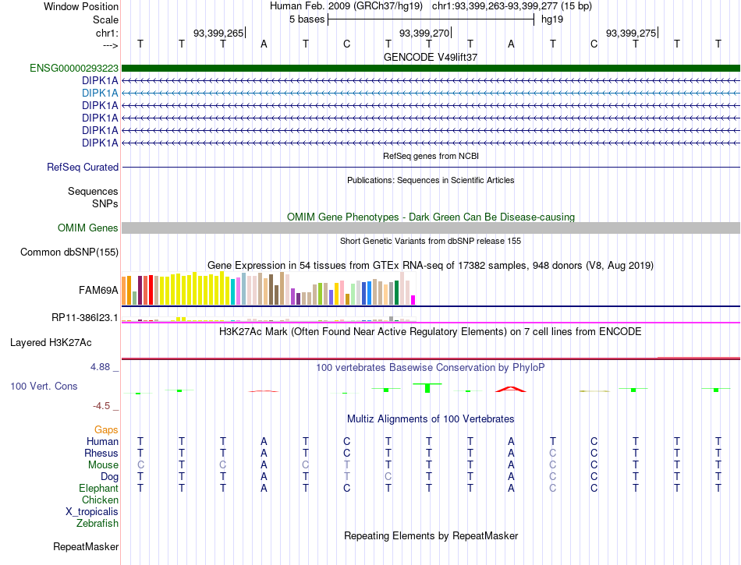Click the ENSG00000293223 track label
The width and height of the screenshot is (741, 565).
[74, 69]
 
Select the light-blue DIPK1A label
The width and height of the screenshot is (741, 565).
[100, 93]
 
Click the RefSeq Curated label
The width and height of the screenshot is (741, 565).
[83, 167]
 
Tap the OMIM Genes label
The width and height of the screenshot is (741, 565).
[88, 228]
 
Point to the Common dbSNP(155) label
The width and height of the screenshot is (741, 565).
[69, 252]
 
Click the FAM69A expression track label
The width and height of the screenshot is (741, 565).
[98, 290]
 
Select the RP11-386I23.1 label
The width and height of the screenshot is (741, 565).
[85, 318]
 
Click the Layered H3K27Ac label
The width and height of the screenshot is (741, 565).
[51, 343]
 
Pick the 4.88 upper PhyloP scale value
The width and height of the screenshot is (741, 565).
[100, 367]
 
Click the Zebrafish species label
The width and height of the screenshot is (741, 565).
[97, 524]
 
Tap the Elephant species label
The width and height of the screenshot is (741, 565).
[99, 488]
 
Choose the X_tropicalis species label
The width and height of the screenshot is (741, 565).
[92, 512]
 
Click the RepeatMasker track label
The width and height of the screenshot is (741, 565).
[86, 546]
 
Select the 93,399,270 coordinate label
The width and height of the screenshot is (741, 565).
[424, 33]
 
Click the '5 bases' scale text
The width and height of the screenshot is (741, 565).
[307, 19]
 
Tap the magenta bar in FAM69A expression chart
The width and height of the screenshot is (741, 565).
[413, 300]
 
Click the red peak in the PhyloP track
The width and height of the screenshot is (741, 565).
[511, 389]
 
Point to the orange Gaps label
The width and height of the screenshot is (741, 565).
[106, 429]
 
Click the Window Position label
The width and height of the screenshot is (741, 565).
[81, 6]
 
